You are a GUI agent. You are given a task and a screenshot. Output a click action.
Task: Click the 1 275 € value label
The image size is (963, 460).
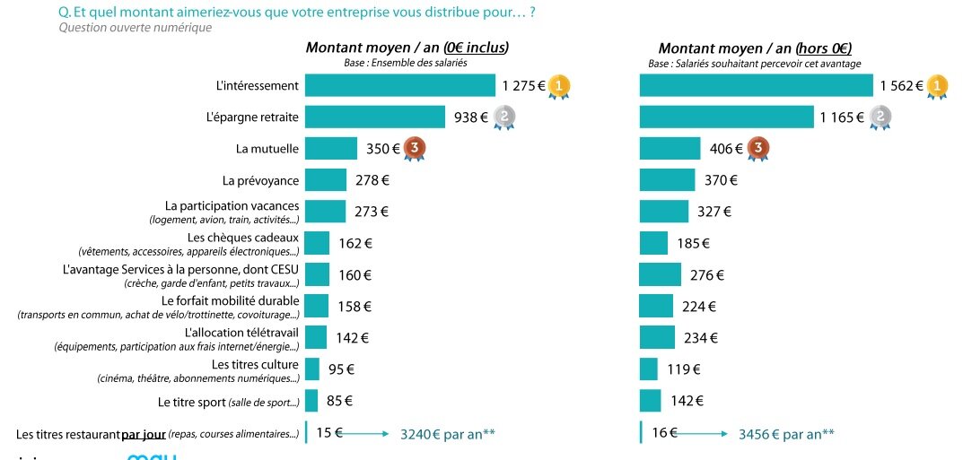pyautogui.click(x=523, y=86)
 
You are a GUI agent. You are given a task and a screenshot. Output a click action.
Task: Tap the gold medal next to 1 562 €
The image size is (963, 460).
pyautogui.click(x=937, y=86)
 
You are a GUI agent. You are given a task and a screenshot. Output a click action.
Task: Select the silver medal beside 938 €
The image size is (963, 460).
pyautogui.click(x=504, y=117)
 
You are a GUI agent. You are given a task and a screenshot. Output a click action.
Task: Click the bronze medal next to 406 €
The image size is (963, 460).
pyautogui.click(x=757, y=149)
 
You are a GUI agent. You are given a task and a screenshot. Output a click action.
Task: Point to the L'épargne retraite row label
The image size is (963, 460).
pyautogui.click(x=252, y=117)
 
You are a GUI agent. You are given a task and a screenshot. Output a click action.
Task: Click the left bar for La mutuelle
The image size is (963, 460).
pyautogui.click(x=330, y=148)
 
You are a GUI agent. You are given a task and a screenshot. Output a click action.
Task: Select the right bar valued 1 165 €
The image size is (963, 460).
pyautogui.click(x=725, y=117)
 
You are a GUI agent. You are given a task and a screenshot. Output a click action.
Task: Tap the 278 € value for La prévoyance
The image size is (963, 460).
pyautogui.click(x=372, y=180)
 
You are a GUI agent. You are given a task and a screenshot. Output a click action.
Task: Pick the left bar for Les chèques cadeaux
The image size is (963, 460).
pyautogui.click(x=317, y=243)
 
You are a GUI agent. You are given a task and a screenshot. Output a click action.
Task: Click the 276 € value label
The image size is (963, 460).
pyautogui.click(x=706, y=274)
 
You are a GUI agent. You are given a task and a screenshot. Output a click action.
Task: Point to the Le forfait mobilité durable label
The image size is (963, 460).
pyautogui.click(x=230, y=300)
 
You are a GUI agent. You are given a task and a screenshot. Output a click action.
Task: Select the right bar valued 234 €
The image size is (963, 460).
pyautogui.click(x=657, y=337)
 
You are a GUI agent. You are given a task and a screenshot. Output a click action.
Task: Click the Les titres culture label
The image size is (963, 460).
pyautogui.click(x=255, y=364)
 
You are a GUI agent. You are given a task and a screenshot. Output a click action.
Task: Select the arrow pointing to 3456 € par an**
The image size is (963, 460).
pyautogui.click(x=702, y=434)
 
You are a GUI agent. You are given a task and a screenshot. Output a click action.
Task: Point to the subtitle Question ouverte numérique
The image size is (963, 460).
pyautogui.click(x=135, y=28)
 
